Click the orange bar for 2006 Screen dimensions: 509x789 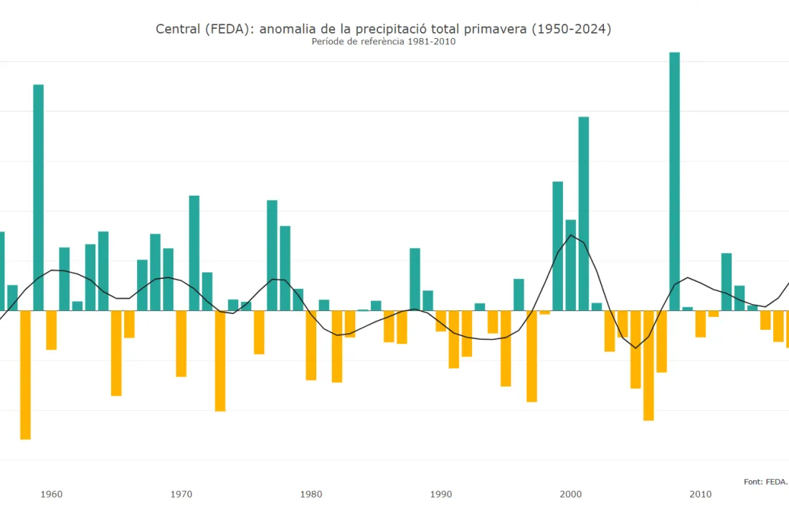pos(648,365)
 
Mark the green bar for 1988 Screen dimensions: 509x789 pos(415,279)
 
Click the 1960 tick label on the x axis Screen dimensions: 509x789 pos(51,494)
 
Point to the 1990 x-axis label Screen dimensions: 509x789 pos(441,494)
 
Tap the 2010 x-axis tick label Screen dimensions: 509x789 pos(701,494)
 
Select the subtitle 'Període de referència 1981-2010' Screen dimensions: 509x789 pos(384,42)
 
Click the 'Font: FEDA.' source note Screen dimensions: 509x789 pos(765,482)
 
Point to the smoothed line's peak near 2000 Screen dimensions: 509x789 pos(571,235)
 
